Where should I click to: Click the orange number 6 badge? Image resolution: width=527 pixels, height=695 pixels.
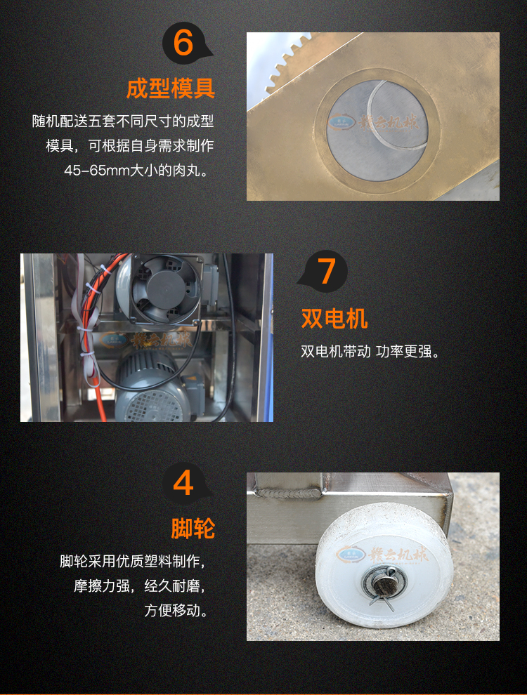183,44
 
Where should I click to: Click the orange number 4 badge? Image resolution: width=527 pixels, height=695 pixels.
183,484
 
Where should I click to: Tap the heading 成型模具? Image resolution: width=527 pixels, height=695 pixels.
170,89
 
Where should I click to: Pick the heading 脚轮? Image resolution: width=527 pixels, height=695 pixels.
193,529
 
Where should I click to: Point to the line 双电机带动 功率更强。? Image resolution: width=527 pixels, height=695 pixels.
370,351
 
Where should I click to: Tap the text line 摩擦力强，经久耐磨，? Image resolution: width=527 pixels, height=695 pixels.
143,585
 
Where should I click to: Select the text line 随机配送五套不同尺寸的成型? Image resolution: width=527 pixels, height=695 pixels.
123,122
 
